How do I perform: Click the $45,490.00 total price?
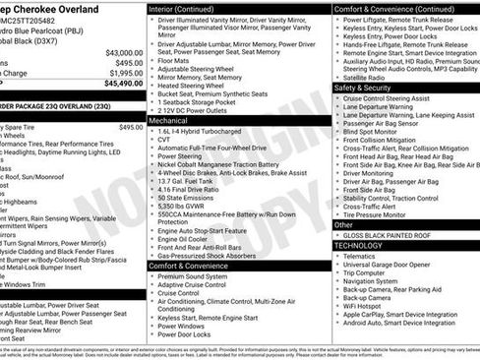(116, 84)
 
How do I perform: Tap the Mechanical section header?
(174, 119)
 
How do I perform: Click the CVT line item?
(164, 139)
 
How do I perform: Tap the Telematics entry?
(360, 256)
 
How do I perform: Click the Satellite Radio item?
(367, 76)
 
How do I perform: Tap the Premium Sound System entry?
(194, 275)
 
